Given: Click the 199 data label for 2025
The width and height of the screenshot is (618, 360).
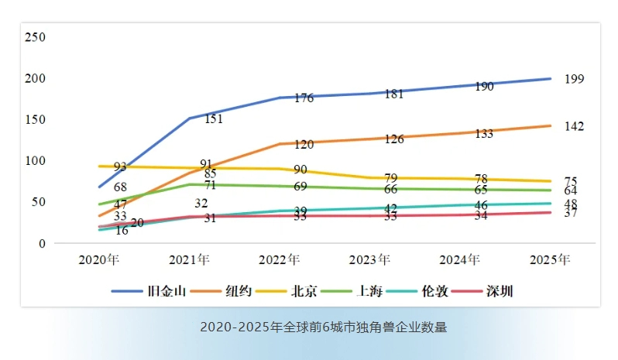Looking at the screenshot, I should pyautogui.click(x=575, y=79).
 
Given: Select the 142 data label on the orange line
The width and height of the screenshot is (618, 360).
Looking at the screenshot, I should pyautogui.click(x=575, y=126).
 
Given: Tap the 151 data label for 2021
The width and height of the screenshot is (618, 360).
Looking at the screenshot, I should pyautogui.click(x=215, y=119).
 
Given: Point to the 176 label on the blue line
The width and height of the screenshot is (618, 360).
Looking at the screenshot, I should pyautogui.click(x=304, y=98).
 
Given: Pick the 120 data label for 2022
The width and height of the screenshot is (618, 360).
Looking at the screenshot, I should pyautogui.click(x=304, y=144).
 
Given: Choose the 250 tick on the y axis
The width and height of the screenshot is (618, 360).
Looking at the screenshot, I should pyautogui.click(x=36, y=37).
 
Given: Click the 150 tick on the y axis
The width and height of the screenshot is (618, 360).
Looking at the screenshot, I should pyautogui.click(x=36, y=120).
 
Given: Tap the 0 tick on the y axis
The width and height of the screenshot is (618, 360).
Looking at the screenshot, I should pyautogui.click(x=43, y=243).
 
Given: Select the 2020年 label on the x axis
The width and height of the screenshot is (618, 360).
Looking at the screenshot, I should pyautogui.click(x=98, y=259).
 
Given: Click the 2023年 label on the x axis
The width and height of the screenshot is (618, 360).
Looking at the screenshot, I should pyautogui.click(x=369, y=259).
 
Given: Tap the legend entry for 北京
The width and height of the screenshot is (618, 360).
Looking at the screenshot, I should pyautogui.click(x=304, y=292).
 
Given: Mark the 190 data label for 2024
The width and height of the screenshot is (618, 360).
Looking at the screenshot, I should pyautogui.click(x=484, y=87).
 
